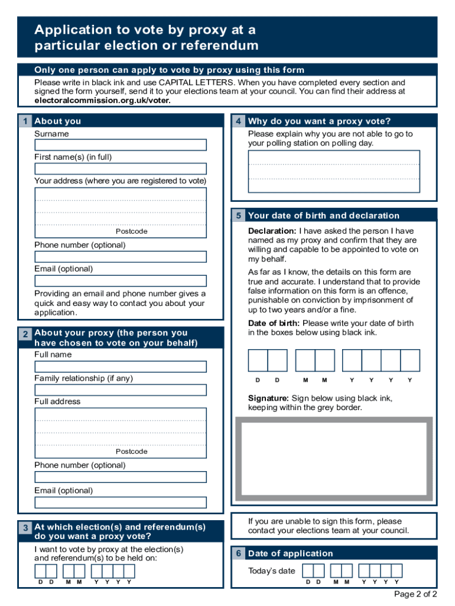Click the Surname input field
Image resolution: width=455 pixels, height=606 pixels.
121,145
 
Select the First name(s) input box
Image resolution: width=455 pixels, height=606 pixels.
121,169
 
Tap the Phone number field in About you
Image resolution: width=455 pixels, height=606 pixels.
121,257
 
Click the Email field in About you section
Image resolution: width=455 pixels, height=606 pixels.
121,281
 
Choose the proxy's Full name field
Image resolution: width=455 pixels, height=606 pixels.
121,366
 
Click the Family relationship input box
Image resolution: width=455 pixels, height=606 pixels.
121,390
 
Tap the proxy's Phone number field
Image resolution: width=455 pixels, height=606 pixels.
121,477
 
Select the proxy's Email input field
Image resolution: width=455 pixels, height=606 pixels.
121,502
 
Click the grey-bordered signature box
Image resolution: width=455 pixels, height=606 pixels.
334,461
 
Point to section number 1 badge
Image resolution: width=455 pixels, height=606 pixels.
25,121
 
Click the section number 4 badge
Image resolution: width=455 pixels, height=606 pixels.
238,121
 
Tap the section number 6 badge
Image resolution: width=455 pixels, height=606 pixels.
238,554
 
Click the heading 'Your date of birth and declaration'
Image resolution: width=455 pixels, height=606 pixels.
324,216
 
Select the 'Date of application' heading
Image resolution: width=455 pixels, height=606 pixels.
291,554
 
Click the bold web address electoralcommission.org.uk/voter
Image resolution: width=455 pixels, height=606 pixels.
102,101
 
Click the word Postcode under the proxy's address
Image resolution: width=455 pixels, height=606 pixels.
131,452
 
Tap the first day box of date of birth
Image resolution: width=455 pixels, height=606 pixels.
258,360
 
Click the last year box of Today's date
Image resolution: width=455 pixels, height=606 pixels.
396,571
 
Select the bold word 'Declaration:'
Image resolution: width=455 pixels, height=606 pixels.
272,231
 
